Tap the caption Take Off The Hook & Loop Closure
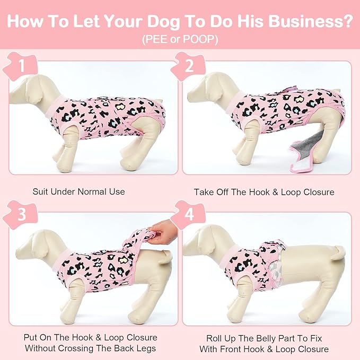pos(264,191)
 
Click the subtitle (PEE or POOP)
pos(180,40)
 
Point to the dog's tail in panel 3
pos(166,258)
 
